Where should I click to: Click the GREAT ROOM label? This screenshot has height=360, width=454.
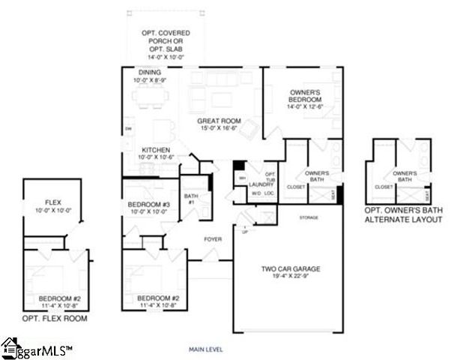[x=219, y=120]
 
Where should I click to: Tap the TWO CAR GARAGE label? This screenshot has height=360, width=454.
[x=282, y=268]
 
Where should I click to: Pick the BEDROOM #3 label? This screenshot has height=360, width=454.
[x=151, y=203]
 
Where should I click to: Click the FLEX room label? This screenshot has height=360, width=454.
[x=52, y=202]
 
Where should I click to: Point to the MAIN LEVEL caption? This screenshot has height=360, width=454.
[x=205, y=349]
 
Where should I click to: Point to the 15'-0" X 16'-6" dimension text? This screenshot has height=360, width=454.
[x=219, y=128]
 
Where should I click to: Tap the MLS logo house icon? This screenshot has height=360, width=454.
[x=10, y=346]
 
